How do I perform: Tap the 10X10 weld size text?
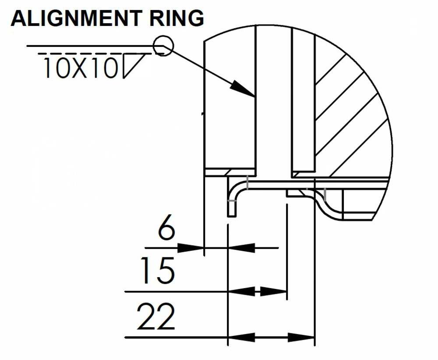click(x=81, y=68)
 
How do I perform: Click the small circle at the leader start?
click(x=163, y=45)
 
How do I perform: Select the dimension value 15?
click(x=156, y=271)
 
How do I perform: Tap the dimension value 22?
click(x=156, y=317)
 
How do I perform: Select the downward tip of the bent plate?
click(x=232, y=214)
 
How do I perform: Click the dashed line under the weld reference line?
click(x=96, y=54)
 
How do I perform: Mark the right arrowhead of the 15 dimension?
click(x=274, y=291)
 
